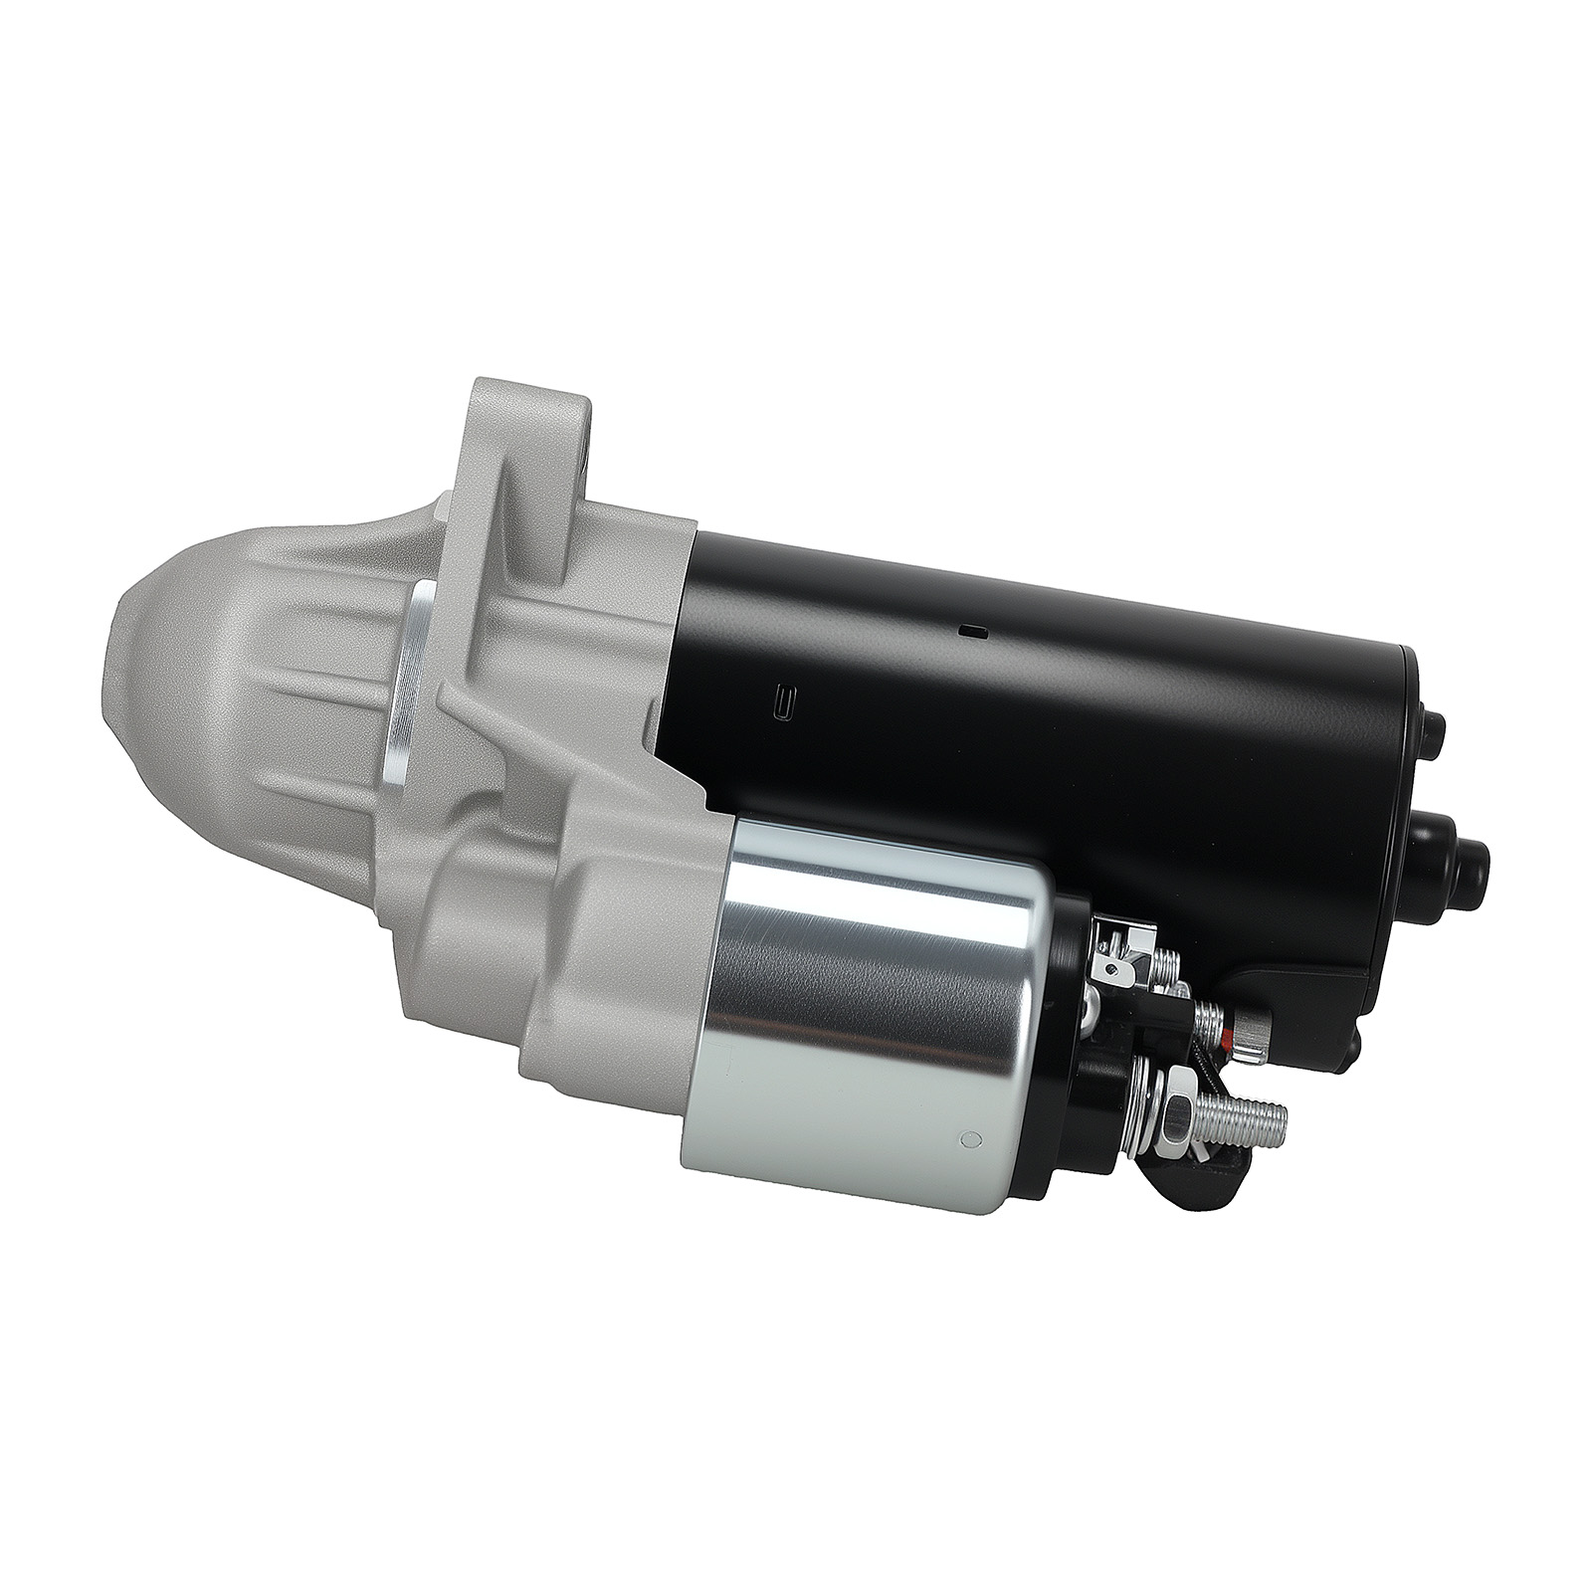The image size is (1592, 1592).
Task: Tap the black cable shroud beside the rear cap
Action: click(1323, 955)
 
